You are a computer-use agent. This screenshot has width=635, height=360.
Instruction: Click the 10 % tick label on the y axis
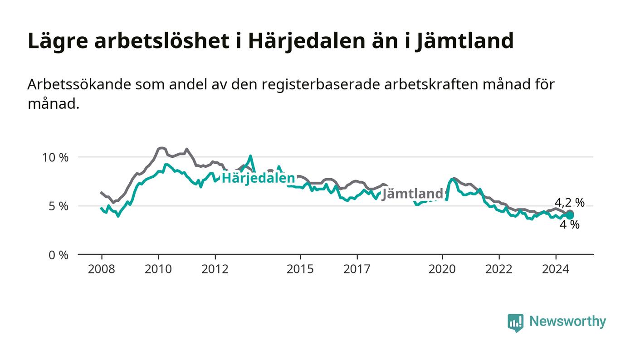55,157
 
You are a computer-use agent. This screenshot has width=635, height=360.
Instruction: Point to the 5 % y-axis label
59,206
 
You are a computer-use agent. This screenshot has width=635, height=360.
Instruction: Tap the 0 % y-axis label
59,255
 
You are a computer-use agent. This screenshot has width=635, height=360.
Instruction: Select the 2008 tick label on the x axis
102,269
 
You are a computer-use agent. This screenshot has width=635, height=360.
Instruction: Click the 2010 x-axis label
158,269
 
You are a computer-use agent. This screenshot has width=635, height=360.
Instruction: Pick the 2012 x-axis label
215,269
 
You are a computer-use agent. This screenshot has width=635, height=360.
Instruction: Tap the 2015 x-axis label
300,269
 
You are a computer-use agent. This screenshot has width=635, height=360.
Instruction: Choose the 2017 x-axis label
357,269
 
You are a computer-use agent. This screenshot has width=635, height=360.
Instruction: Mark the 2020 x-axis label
442,269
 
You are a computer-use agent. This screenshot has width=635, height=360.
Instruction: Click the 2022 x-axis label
499,269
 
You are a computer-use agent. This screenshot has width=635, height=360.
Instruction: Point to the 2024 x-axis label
556,269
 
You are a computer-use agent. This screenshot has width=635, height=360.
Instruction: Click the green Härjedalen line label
258,178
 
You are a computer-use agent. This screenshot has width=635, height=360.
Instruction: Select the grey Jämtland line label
412,194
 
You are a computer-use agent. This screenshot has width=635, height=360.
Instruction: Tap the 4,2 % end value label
570,203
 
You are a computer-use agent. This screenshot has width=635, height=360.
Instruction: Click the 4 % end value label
570,225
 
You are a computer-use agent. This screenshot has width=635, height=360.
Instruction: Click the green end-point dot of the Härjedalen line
570,216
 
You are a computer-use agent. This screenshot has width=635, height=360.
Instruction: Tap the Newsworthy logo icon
516,322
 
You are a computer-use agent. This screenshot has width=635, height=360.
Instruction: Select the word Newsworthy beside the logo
567,321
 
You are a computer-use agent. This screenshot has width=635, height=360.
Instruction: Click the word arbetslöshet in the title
161,41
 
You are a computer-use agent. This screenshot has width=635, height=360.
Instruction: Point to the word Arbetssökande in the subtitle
79,84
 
